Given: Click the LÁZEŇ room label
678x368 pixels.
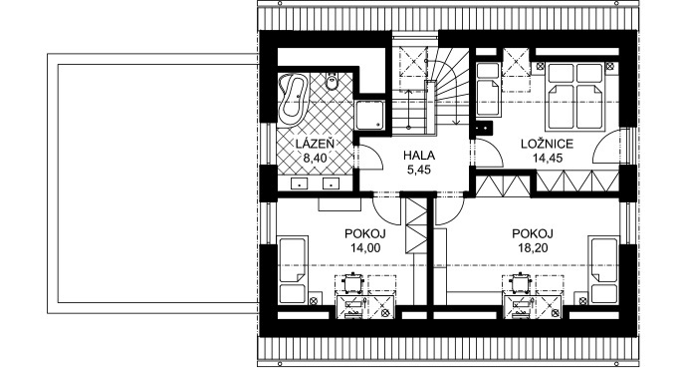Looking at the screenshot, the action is point(315,144).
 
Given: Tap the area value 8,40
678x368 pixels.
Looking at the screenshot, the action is point(315,159).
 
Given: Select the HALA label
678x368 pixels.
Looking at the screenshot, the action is point(419,156).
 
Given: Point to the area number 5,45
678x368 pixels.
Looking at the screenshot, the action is point(419,171).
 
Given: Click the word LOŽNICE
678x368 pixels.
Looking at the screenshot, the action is point(547,144).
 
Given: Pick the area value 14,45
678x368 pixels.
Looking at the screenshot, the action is point(548,159).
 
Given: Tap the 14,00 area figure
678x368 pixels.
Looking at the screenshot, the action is point(365,248).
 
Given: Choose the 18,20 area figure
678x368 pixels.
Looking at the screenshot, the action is point(533,248).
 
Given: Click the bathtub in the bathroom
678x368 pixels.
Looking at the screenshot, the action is point(293,99).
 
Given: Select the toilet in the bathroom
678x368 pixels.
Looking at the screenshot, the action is point(333,81).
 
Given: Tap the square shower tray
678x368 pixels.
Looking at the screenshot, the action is point(369,115).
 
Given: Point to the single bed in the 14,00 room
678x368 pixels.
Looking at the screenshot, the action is point(293,269).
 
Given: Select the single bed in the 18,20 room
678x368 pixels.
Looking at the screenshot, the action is point(603,269).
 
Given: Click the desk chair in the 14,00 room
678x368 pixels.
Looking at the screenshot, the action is point(352,283).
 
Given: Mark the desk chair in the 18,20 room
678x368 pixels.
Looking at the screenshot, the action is point(520,283).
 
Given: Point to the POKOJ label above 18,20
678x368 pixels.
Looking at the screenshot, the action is point(533,233).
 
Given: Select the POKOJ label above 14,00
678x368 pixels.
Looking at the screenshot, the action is point(365,233).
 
